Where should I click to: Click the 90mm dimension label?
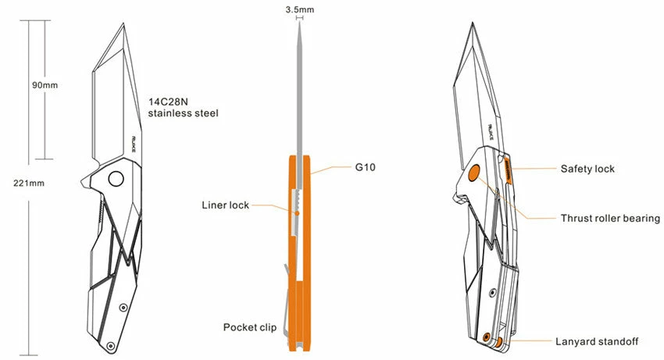click(x=45, y=84)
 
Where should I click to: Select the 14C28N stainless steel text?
click(x=183, y=107)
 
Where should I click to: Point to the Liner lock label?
click(x=225, y=205)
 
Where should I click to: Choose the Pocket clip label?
click(x=248, y=326)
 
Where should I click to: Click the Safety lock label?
click(x=587, y=169)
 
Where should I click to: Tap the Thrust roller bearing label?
click(x=610, y=218)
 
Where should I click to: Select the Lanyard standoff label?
click(x=597, y=341)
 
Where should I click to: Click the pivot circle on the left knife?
click(x=116, y=179)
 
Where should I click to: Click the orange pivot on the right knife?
click(x=473, y=175)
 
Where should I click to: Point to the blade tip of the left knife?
click(x=123, y=24)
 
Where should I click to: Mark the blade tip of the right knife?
click(x=473, y=24)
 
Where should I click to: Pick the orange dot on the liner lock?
click(x=297, y=211)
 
